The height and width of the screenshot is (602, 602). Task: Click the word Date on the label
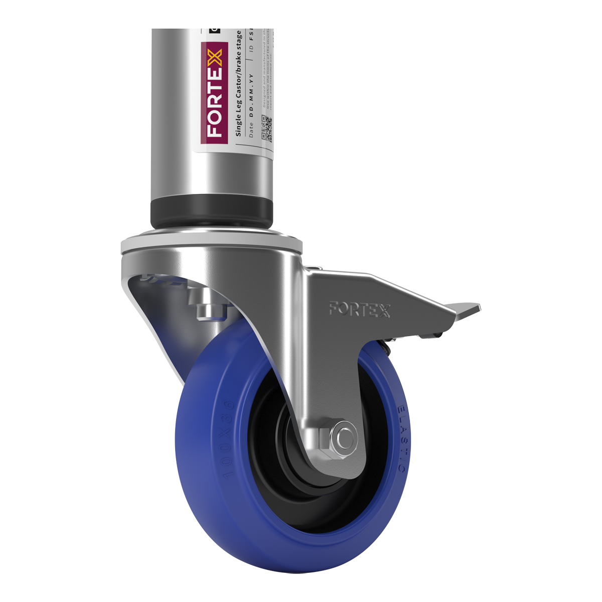(x=252, y=129)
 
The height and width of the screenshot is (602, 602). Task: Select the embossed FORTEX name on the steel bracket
(x=359, y=309)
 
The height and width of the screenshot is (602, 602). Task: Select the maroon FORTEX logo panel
(x=215, y=93)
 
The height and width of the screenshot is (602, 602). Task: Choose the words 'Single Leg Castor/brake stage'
(x=239, y=83)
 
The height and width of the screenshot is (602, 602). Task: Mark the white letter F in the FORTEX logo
(x=215, y=130)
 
